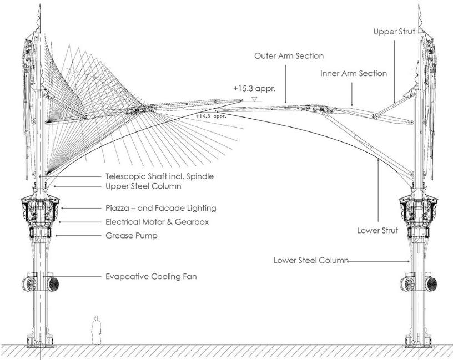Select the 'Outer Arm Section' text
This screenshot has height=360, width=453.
[x=289, y=56]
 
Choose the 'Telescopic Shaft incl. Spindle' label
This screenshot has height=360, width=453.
[x=159, y=176]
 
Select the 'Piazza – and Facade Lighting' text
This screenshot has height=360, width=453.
[x=160, y=209]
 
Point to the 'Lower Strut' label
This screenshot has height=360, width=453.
[x=377, y=230]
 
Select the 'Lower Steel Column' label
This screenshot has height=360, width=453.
[x=311, y=260]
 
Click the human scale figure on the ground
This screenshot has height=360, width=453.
[x=95, y=330]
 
